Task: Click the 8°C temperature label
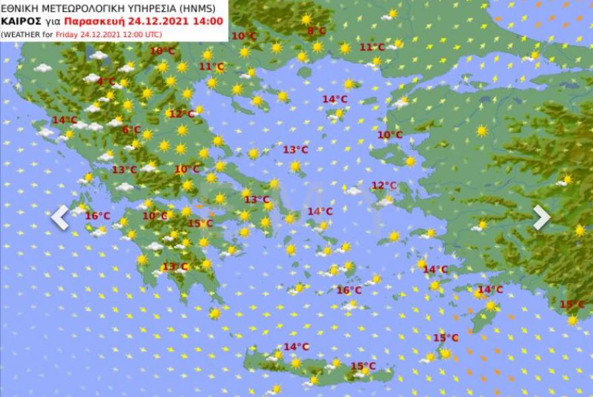point(316,31)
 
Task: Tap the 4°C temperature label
point(106,81)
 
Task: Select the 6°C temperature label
point(131,130)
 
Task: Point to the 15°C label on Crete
point(363,366)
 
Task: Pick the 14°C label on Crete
point(296,347)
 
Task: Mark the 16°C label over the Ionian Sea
point(97,216)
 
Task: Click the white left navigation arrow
point(60,217)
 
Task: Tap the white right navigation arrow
point(541,217)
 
